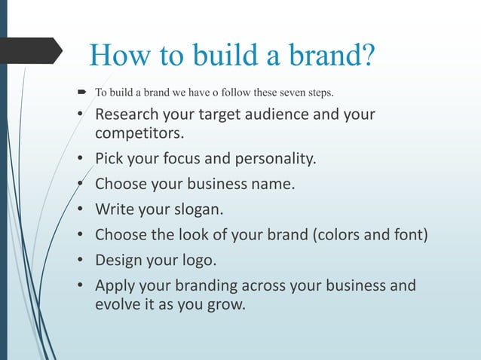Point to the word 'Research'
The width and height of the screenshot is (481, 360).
[x=126, y=117]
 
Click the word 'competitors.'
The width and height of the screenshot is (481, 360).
[x=138, y=136]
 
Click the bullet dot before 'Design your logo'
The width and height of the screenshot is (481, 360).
[x=81, y=260]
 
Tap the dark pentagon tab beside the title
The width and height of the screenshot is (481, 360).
[x=30, y=50]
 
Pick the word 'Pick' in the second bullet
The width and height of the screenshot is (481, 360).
[x=109, y=160]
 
